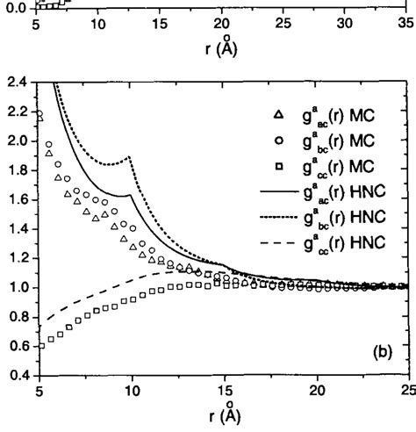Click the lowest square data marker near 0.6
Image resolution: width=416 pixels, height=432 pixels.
tap(41, 345)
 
